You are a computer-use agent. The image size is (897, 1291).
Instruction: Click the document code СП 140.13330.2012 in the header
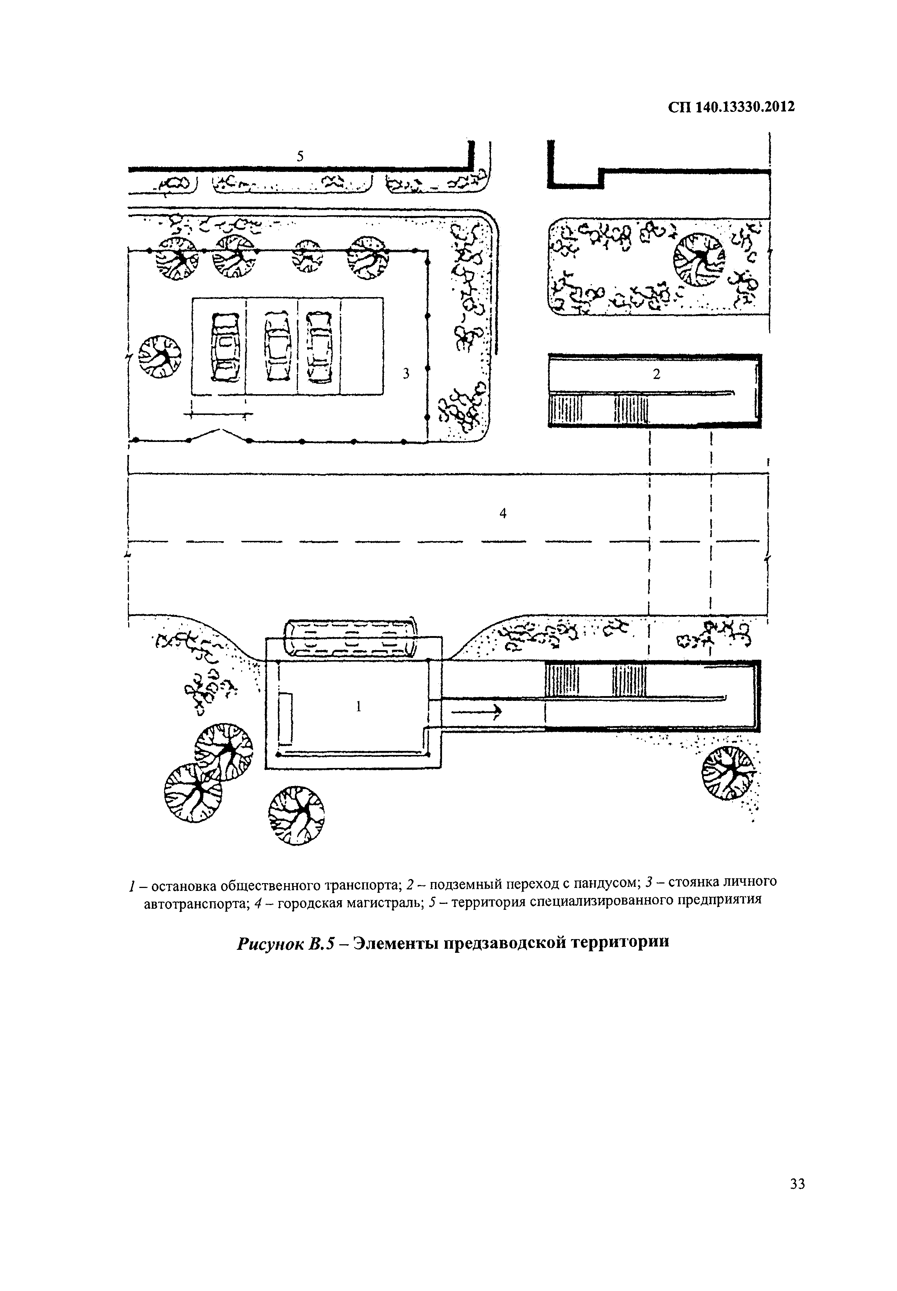pyautogui.click(x=731, y=107)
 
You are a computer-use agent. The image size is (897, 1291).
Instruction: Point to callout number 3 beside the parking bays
pyautogui.click(x=406, y=373)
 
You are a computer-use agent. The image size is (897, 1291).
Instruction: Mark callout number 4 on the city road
pyautogui.click(x=503, y=513)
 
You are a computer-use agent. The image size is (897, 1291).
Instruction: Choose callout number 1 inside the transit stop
pyautogui.click(x=359, y=707)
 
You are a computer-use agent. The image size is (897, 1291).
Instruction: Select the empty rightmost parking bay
pyautogui.click(x=362, y=346)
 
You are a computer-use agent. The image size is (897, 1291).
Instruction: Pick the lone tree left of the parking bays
pyautogui.click(x=160, y=357)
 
